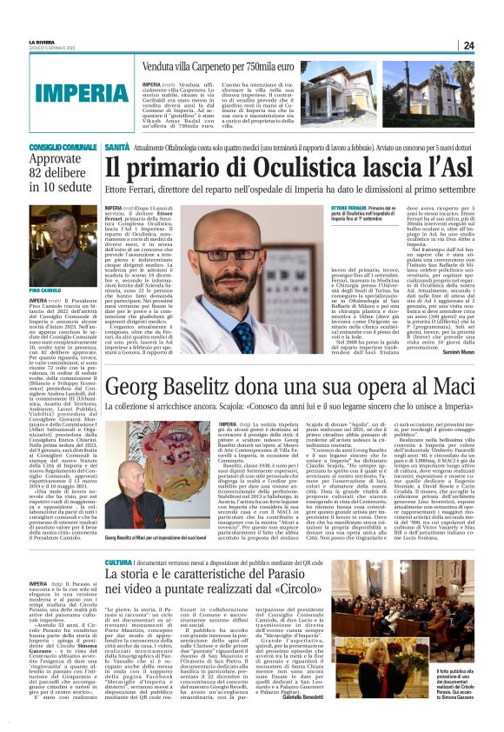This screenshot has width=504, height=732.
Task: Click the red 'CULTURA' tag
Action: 118,562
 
